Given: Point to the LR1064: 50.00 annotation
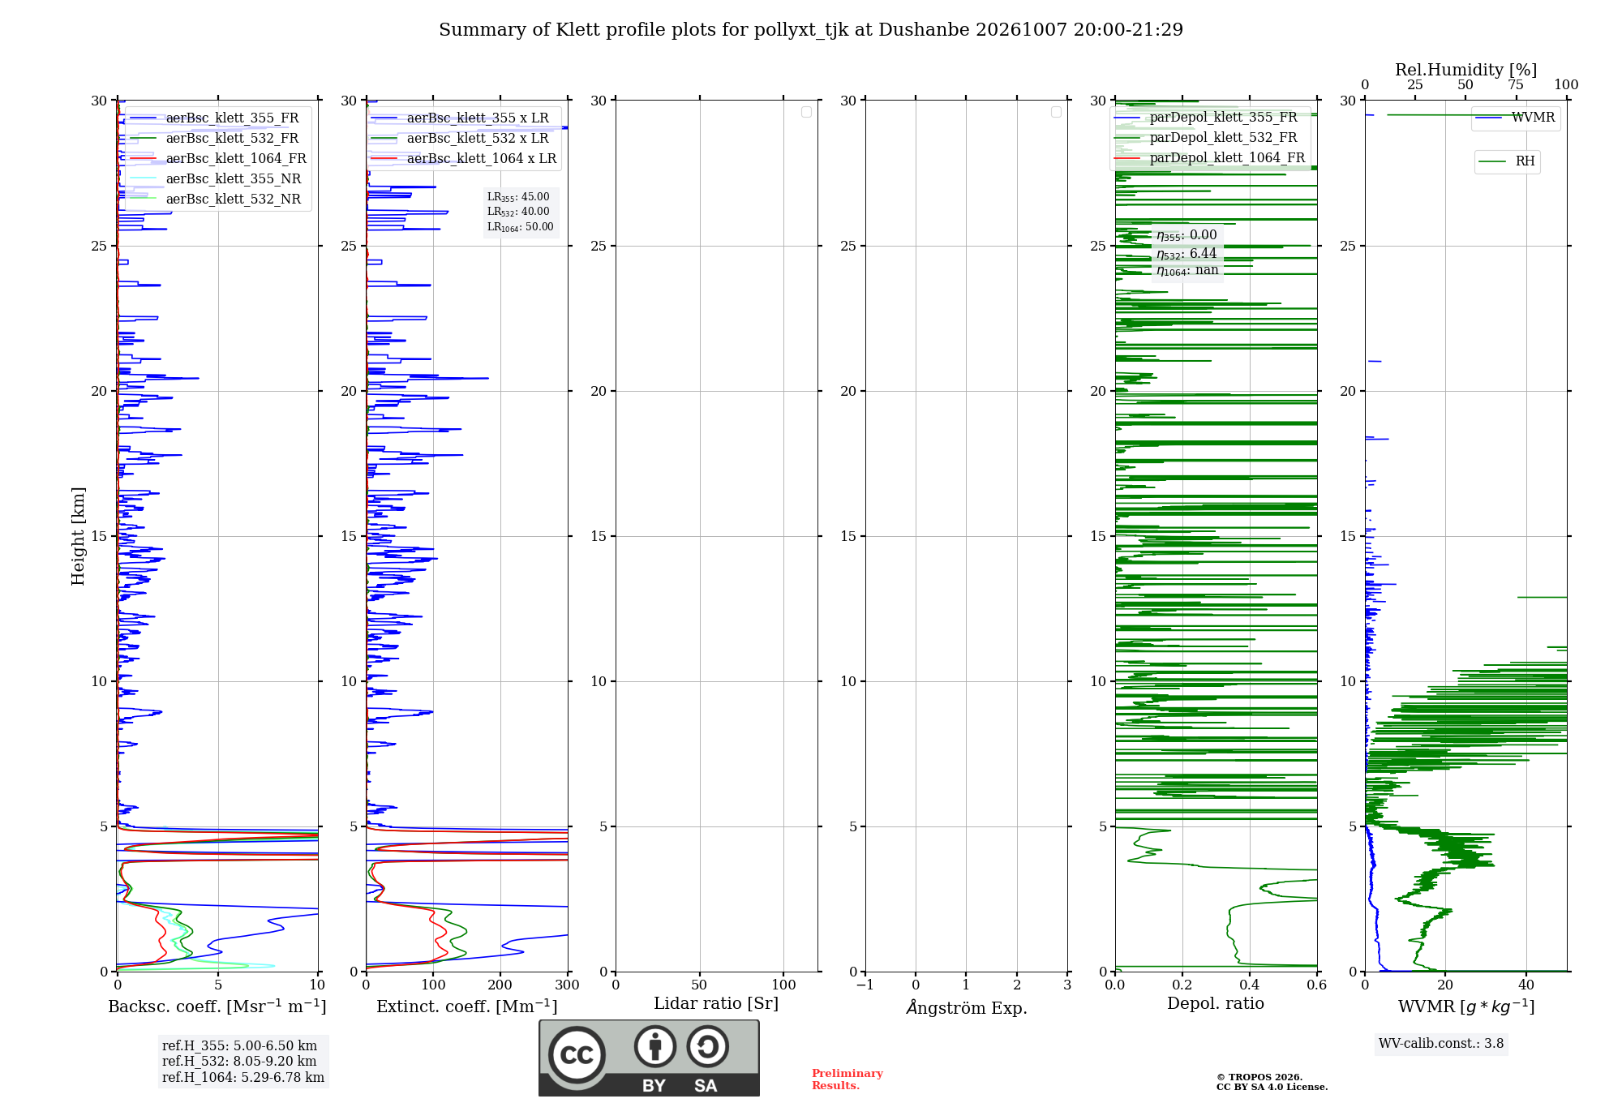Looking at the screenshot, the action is click(520, 227).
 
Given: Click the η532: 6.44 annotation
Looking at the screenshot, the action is click(1186, 253).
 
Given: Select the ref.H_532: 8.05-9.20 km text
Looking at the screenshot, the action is click(239, 1061).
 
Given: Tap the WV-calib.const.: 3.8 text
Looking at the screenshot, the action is click(1441, 1043).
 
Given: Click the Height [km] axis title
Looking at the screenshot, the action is click(78, 536).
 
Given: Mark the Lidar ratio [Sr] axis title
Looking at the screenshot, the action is click(716, 1003).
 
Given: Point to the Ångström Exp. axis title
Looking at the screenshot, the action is click(967, 1007).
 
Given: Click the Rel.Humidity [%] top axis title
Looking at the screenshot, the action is click(1465, 70).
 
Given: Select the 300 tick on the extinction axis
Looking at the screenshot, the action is click(568, 985).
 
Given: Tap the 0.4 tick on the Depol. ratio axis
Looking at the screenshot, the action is click(1250, 985).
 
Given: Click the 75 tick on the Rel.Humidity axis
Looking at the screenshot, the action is click(1516, 84).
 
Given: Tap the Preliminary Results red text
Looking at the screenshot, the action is click(847, 1079).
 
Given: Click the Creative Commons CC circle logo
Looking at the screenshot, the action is click(577, 1055).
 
